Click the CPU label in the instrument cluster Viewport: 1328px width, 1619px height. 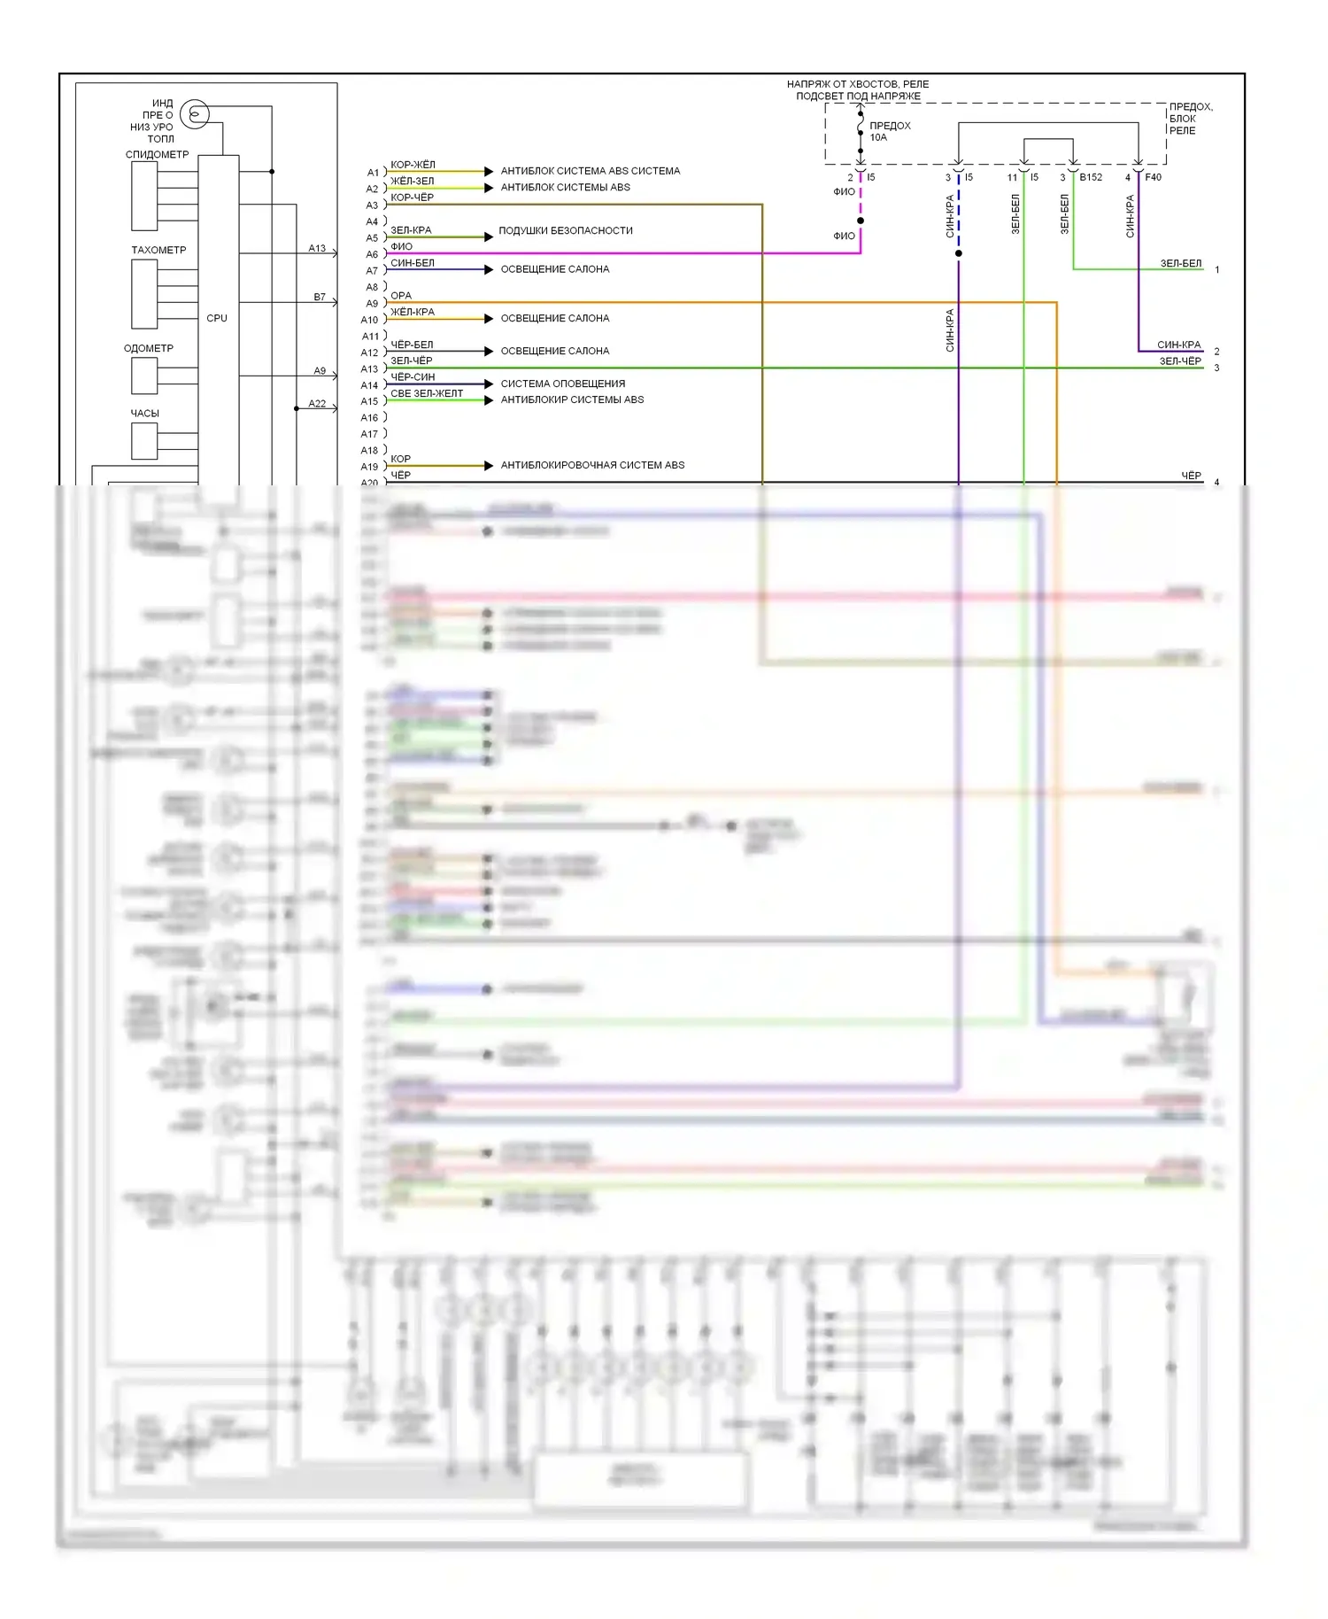(x=217, y=318)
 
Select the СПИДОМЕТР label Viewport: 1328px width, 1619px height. (x=157, y=154)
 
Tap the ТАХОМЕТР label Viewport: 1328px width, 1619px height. (x=158, y=250)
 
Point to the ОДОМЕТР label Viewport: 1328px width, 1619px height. (x=149, y=348)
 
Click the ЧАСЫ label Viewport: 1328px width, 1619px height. (x=145, y=413)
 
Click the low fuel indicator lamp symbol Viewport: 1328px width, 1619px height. (x=194, y=114)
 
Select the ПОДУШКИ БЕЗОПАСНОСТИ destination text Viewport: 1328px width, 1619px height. (x=565, y=230)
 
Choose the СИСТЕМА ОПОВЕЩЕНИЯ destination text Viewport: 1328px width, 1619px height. (x=562, y=383)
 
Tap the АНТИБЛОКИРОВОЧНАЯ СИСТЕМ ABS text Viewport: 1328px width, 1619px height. (x=592, y=465)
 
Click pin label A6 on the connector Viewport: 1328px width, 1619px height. (x=372, y=254)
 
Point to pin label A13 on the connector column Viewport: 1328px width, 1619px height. (x=369, y=368)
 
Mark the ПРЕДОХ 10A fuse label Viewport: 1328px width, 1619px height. (x=889, y=131)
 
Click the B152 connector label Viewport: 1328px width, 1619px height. (x=1091, y=177)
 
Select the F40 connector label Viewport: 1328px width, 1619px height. (x=1153, y=177)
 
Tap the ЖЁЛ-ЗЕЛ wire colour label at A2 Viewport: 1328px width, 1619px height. (x=412, y=181)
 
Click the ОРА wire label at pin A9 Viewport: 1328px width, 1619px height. (x=401, y=295)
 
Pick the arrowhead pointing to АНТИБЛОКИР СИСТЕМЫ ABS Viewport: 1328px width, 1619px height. (x=489, y=400)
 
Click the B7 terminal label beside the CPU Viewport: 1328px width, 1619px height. (x=320, y=297)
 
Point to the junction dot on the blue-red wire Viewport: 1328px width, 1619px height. (x=958, y=253)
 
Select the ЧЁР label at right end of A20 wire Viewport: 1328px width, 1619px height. (x=1191, y=476)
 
